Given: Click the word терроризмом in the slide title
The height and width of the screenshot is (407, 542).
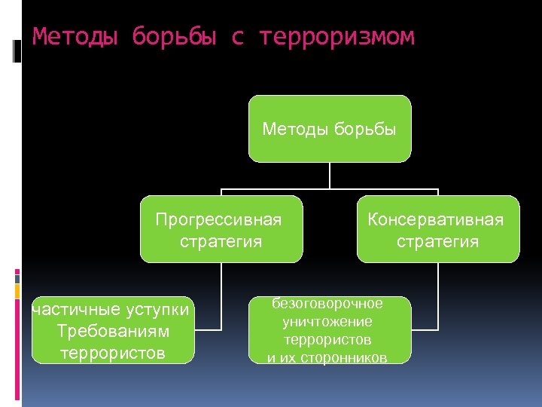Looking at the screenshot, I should [x=336, y=36].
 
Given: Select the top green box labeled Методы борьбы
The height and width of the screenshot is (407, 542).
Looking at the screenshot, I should [x=330, y=129].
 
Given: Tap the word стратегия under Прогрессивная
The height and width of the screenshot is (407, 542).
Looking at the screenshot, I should [x=221, y=241].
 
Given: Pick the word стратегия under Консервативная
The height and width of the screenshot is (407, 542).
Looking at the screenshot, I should [x=437, y=241].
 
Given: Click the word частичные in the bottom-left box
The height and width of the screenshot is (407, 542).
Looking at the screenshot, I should [x=69, y=310].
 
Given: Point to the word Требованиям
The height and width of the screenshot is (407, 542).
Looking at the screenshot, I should [x=113, y=332].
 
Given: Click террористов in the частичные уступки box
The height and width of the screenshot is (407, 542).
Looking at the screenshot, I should [x=113, y=353].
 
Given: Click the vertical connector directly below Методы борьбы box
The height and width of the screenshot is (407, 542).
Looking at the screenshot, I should [x=330, y=176].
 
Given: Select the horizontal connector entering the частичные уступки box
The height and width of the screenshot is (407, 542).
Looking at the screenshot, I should [x=208, y=329].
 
